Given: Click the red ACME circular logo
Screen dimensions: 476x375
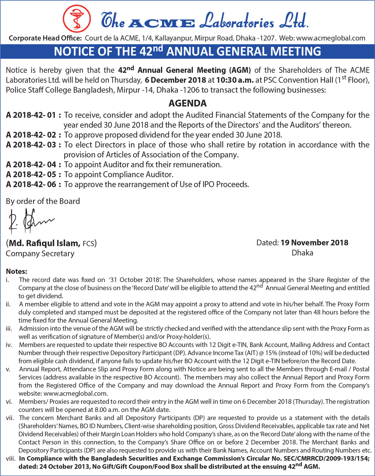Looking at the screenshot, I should pos(77,18).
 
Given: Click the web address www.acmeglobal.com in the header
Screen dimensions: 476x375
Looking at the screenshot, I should pos(331,38).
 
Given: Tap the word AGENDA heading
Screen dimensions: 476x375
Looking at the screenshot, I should pos(187,103).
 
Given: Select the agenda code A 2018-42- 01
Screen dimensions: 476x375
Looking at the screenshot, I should pos(31,115).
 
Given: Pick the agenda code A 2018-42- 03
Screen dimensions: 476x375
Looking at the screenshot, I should pos(31,145).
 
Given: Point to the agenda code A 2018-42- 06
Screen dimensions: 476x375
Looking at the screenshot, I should pos(31,184).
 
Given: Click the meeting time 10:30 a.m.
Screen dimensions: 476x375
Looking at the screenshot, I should pos(235,80).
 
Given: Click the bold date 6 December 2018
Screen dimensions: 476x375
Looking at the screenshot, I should pos(175,80).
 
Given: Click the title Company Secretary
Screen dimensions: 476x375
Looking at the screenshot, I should pos(40,254).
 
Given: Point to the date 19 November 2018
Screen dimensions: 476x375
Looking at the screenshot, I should pos(314,243).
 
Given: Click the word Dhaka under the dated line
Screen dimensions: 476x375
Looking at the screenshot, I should pos(302,253).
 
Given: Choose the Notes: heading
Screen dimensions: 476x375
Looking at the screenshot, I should pos(16,271).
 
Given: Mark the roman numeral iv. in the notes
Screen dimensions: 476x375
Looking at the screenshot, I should pos(9,345).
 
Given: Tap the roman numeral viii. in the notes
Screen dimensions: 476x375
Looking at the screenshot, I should pos(10,459).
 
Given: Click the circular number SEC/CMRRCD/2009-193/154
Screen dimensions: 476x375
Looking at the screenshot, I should pos(325,459).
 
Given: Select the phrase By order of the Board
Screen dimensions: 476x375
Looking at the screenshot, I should pos(43,201).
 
